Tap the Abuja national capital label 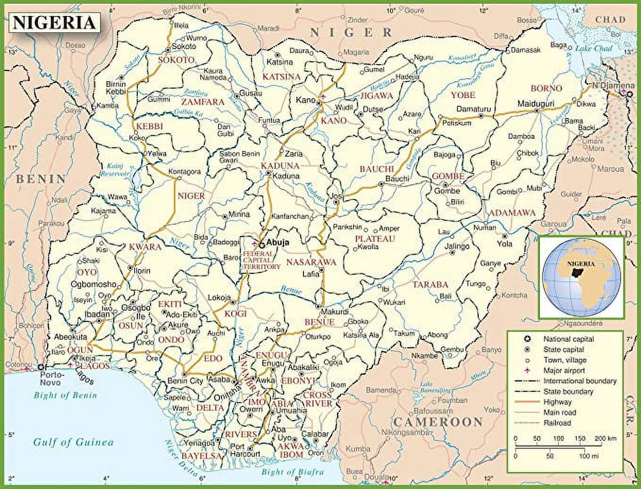click(x=278, y=243)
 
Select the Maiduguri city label click(x=536, y=103)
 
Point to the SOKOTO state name click(x=176, y=60)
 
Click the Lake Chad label click(x=593, y=49)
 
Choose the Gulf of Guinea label click(x=73, y=442)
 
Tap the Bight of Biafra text click(x=293, y=472)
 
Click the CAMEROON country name click(x=438, y=422)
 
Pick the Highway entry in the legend click(x=557, y=402)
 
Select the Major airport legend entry click(x=564, y=371)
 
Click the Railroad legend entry click(x=557, y=423)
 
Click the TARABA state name click(x=430, y=285)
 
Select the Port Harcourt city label click(x=245, y=450)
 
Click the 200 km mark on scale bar click(x=605, y=438)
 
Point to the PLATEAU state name click(x=375, y=239)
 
